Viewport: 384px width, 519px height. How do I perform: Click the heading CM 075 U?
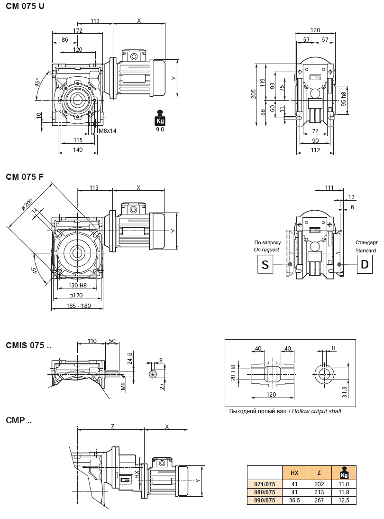(x=25, y=7)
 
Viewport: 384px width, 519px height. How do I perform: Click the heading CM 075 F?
(x=25, y=177)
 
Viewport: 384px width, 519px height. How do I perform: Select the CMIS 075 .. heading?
(x=28, y=345)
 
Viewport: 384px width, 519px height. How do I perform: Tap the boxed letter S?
(x=265, y=264)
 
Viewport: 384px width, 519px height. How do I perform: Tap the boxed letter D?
(x=364, y=264)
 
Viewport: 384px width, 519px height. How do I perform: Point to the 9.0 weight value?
(x=160, y=129)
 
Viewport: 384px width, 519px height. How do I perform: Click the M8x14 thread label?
(x=108, y=130)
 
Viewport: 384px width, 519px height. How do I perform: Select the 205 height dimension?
(x=254, y=94)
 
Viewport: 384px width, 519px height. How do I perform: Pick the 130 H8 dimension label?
(x=77, y=285)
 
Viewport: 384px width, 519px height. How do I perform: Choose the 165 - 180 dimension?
(x=79, y=306)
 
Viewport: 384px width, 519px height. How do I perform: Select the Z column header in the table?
(x=319, y=473)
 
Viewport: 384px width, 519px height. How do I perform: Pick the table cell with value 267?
(x=319, y=500)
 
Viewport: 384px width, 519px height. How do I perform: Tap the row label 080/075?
(x=265, y=492)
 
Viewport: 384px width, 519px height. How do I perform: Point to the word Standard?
(x=366, y=250)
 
